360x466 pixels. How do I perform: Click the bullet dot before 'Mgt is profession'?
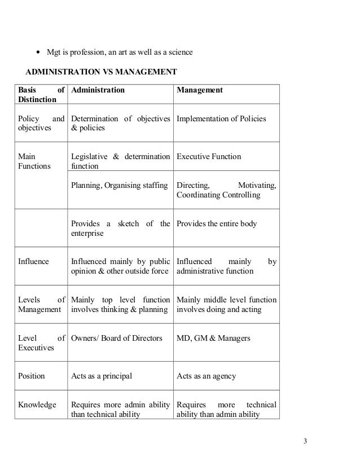point(37,53)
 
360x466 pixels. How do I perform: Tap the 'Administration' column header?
point(98,90)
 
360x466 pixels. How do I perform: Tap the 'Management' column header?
point(200,90)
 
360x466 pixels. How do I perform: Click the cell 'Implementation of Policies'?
point(221,118)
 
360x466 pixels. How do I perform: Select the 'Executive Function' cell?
point(209,156)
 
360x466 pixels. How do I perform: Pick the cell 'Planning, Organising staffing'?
point(120,186)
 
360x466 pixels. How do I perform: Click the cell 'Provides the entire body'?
point(217,224)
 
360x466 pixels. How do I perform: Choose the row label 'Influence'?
point(34,262)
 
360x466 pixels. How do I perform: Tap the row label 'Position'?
point(32,376)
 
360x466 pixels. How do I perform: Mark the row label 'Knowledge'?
point(37,405)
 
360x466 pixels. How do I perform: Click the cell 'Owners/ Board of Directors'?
point(116,338)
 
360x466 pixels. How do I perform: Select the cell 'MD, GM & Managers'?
point(213,338)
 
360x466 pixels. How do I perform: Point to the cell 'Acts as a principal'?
point(102,376)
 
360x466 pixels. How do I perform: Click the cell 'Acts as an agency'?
point(206,376)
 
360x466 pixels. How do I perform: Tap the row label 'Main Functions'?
point(35,161)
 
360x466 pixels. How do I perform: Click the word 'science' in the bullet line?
point(179,53)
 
